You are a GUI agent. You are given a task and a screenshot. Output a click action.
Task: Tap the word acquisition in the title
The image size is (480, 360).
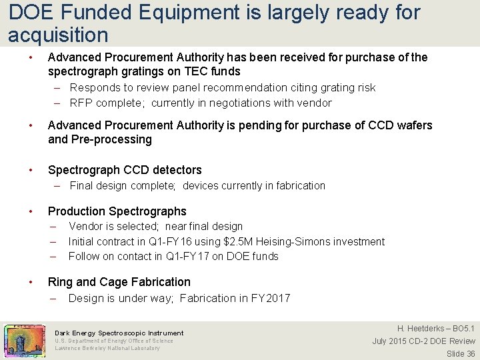pos(58,34)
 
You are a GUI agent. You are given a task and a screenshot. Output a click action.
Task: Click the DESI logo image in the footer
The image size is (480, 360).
pos(25,340)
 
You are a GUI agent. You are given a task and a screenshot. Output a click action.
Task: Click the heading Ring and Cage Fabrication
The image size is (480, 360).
pos(119,282)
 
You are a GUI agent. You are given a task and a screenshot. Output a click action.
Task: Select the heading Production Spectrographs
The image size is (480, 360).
pos(117,211)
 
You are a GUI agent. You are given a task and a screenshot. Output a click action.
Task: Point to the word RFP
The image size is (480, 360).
pos(80,103)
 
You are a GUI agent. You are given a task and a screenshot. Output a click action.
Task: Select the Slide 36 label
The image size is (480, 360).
pos(461,353)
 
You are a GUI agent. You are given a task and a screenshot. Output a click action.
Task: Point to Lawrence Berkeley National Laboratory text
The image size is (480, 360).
pos(107,348)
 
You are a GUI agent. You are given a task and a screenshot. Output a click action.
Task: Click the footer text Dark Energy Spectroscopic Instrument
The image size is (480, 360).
pos(119,333)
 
